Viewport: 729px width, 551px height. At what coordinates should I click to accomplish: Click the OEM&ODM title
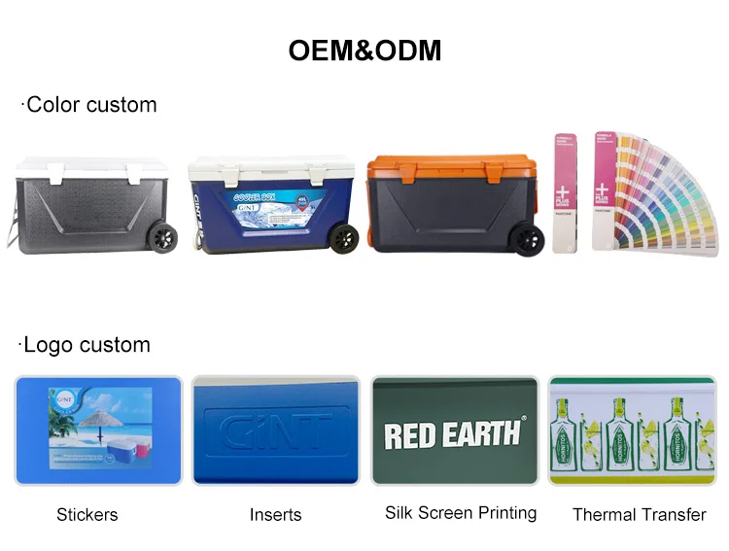tap(364, 51)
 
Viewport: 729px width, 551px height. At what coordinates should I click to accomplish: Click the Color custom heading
tap(89, 105)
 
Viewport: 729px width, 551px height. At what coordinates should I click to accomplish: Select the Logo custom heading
tap(86, 345)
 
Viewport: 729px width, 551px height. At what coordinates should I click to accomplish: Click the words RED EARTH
tap(453, 433)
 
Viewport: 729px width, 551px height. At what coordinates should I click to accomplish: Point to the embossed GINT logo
tap(275, 430)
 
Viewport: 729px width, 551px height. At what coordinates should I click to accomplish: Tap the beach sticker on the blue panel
tap(100, 427)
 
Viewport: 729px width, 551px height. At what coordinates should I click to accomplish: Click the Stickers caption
tap(87, 515)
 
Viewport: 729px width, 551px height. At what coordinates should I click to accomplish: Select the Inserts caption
tap(275, 515)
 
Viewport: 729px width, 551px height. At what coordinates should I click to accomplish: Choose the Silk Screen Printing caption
tap(461, 513)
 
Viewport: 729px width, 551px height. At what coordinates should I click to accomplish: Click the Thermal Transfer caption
tap(639, 515)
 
